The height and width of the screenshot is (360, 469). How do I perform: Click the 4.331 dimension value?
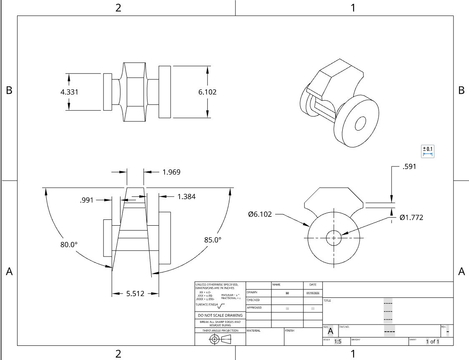point(69,92)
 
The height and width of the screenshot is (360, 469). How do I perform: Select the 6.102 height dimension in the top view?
point(207,92)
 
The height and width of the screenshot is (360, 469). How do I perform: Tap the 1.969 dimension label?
point(171,172)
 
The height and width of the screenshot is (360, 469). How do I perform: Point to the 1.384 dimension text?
point(186,196)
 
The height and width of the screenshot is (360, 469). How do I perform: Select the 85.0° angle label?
point(213,240)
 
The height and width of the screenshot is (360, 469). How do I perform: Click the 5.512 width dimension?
point(135,294)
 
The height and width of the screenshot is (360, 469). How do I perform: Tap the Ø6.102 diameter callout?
point(260,214)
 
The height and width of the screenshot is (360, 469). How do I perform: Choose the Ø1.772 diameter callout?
point(411,217)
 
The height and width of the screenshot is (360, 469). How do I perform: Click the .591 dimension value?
point(409,167)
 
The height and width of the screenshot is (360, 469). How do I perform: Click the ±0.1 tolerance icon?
point(428,151)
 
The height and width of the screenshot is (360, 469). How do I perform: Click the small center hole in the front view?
point(334,238)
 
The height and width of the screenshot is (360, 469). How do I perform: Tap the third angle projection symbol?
point(220,339)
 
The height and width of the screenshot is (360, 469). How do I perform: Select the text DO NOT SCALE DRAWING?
point(220,315)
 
